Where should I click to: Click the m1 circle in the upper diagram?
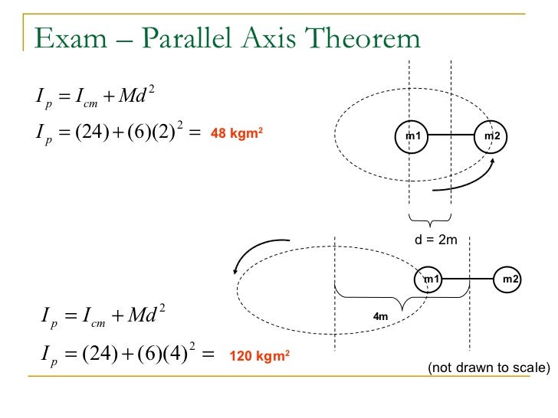click(414, 136)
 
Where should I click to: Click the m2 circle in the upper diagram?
click(492, 136)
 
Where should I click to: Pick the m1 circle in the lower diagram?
click(432, 280)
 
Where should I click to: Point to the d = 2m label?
click(435, 240)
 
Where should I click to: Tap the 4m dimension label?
click(381, 315)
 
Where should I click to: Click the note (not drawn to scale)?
click(489, 368)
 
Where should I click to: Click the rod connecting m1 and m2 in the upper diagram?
click(453, 136)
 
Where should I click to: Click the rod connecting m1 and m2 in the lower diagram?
click(471, 280)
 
